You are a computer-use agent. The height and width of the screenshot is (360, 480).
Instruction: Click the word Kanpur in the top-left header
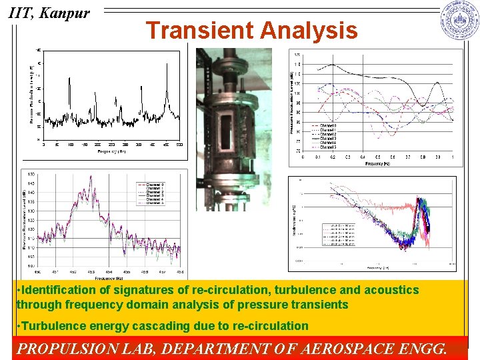pyautogui.click(x=65, y=13)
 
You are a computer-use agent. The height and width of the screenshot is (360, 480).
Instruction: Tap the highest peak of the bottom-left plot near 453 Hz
pyautogui.click(x=91, y=177)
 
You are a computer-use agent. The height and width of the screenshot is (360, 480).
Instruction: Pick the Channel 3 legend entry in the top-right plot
pyautogui.click(x=327, y=135)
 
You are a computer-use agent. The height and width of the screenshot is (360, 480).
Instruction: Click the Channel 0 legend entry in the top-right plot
pyautogui.click(x=327, y=125)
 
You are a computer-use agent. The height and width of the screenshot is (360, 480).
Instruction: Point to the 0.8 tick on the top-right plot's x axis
pyautogui.click(x=423, y=157)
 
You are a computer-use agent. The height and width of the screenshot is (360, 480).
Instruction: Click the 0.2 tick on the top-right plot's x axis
pyautogui.click(x=333, y=157)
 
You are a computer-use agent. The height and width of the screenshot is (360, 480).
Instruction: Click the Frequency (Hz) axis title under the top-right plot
pyautogui.click(x=377, y=163)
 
